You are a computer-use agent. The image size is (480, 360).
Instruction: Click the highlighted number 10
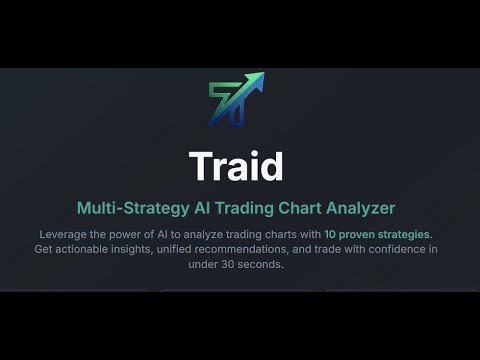click(x=330, y=234)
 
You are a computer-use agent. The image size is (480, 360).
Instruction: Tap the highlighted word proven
click(x=360, y=234)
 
